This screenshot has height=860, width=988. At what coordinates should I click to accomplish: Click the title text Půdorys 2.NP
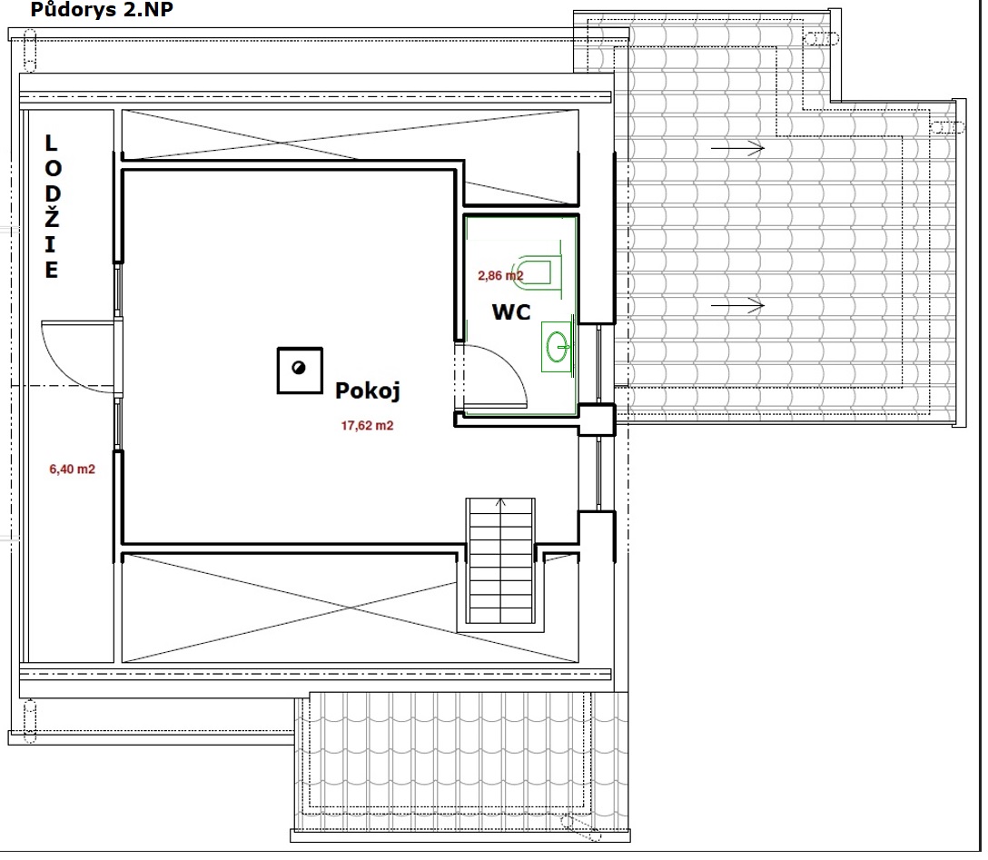[102, 9]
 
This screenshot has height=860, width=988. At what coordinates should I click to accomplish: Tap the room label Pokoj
[368, 390]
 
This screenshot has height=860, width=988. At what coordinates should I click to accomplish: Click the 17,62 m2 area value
[368, 426]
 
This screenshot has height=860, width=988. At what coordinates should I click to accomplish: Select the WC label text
[511, 311]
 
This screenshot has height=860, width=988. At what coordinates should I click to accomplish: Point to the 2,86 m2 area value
[500, 275]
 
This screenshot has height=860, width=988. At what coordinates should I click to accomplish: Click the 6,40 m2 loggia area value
[72, 470]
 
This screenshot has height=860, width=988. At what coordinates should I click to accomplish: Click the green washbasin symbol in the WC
[557, 347]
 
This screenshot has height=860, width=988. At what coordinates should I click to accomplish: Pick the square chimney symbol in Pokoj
[300, 371]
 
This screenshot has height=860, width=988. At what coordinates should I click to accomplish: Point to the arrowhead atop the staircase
[500, 502]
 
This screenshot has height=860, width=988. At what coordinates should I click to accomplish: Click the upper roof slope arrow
[738, 149]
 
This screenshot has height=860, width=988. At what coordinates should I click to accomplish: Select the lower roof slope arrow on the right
[738, 305]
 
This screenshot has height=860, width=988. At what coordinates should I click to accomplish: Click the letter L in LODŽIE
[51, 143]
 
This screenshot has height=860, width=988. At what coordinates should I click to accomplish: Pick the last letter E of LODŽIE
[52, 270]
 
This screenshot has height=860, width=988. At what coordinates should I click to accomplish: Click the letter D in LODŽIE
[53, 193]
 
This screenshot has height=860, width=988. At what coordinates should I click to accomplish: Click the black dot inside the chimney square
[299, 367]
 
